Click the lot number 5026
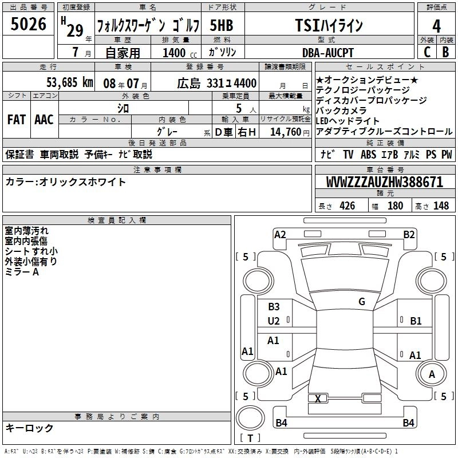click(x=28, y=24)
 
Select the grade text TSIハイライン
click(x=329, y=25)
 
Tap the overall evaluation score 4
click(x=436, y=26)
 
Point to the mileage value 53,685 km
click(x=70, y=82)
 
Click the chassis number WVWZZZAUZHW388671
click(x=385, y=182)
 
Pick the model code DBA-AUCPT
click(x=327, y=53)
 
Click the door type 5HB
click(x=222, y=25)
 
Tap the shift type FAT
click(x=17, y=120)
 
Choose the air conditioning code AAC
click(x=44, y=120)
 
